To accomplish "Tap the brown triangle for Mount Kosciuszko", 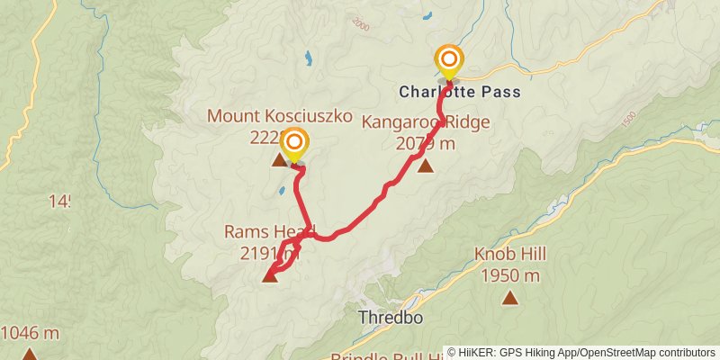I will click(278, 160).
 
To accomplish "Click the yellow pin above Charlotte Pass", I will click(448, 61).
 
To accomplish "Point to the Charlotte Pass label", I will click(460, 92).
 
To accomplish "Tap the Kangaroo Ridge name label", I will click(427, 121).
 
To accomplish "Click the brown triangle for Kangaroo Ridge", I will click(425, 166).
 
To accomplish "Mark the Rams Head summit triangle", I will click(269, 276).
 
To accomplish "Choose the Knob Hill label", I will click(510, 254).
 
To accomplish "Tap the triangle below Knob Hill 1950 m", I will click(510, 298).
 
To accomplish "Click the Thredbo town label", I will click(391, 318).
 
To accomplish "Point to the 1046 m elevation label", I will click(30, 333).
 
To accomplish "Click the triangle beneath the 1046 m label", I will click(30, 355).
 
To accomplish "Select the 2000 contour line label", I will click(361, 23).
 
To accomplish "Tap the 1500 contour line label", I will click(627, 118).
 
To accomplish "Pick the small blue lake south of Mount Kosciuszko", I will click(283, 191).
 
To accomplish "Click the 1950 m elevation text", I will click(510, 275).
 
